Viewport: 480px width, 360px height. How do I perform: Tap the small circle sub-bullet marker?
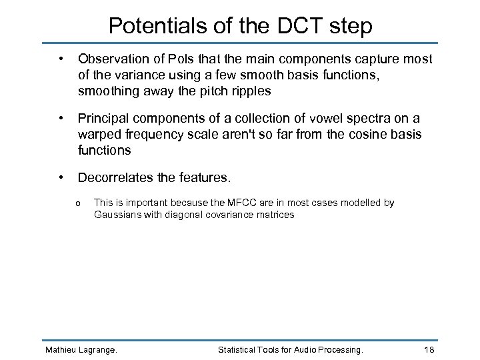click(79, 203)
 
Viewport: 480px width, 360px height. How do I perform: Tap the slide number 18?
click(429, 349)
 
